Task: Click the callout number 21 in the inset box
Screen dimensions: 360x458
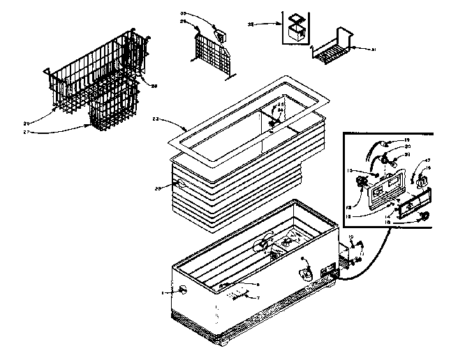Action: pyautogui.click(x=408, y=155)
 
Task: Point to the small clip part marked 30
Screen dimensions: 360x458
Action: pyautogui.click(x=222, y=36)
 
